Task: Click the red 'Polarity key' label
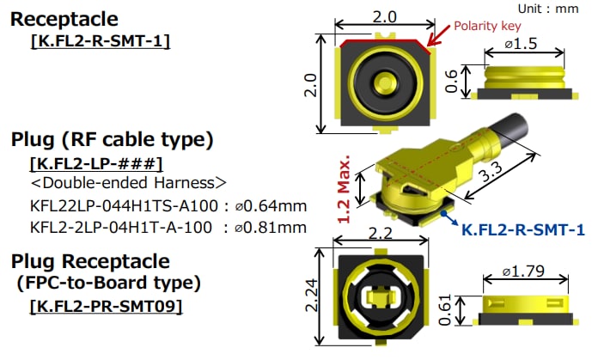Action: (x=487, y=27)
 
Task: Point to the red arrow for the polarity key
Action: (x=439, y=35)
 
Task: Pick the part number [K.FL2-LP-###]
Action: (x=96, y=162)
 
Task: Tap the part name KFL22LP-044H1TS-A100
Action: (x=119, y=205)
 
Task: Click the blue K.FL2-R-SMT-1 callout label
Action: (x=523, y=229)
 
